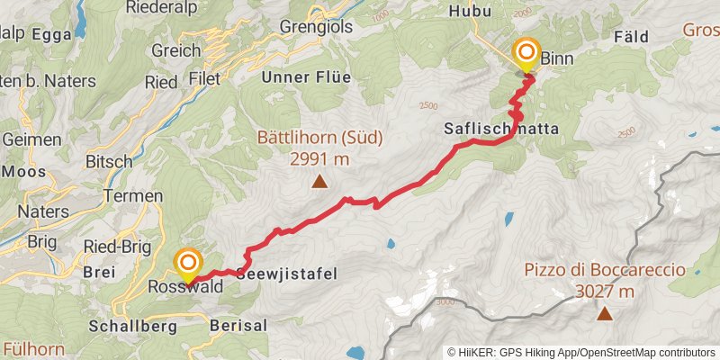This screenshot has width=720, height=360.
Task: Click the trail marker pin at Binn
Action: point(525,53)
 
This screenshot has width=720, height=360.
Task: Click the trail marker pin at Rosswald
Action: point(188,264)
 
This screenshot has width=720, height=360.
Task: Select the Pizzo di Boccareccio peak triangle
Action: point(605,314)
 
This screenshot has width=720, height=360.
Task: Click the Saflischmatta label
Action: point(501,129)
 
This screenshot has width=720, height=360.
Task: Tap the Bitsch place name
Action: point(108,161)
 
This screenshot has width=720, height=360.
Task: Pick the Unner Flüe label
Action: point(305,77)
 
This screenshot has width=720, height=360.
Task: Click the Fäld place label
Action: point(630,37)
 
